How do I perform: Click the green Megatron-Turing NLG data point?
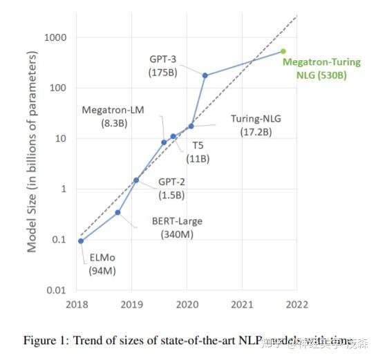(x=283, y=51)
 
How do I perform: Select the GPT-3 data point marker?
(x=205, y=75)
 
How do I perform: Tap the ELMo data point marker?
(x=82, y=240)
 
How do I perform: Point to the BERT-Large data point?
(x=117, y=212)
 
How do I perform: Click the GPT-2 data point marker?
(x=136, y=180)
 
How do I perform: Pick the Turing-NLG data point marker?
(x=191, y=126)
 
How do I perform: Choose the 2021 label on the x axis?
(x=242, y=304)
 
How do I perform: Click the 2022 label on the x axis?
(x=297, y=304)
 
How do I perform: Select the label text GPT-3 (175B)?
(x=164, y=64)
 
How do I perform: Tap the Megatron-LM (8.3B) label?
(x=112, y=116)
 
